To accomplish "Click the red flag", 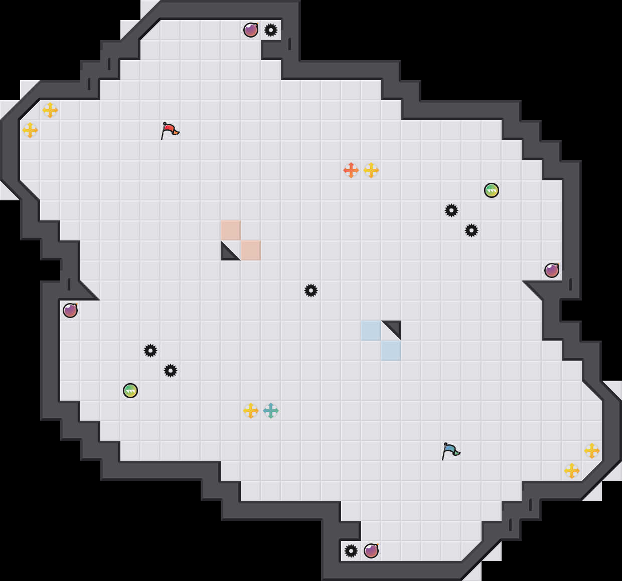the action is pyautogui.click(x=170, y=130).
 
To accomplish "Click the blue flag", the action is pyautogui.click(x=450, y=451).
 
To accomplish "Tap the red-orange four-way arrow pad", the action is pyautogui.click(x=351, y=170).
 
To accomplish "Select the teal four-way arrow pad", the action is pyautogui.click(x=271, y=411).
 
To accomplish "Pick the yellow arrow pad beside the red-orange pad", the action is pyautogui.click(x=371, y=170).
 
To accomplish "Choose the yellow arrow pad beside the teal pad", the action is pyautogui.click(x=251, y=411).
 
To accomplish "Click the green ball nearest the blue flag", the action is pyautogui.click(x=492, y=190).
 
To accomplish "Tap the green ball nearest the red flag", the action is pyautogui.click(x=130, y=391).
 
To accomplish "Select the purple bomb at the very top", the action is pyautogui.click(x=251, y=30).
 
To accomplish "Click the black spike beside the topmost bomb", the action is pyautogui.click(x=271, y=30).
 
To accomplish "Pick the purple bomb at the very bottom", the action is pyautogui.click(x=371, y=551).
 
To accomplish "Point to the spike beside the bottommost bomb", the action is pyautogui.click(x=351, y=551).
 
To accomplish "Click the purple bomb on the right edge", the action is pyautogui.click(x=552, y=270).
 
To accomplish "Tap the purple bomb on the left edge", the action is pyautogui.click(x=70, y=311).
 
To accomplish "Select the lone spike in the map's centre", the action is pyautogui.click(x=311, y=290).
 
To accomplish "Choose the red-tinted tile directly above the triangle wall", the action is pyautogui.click(x=231, y=230).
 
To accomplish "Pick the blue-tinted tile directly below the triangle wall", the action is pyautogui.click(x=391, y=351).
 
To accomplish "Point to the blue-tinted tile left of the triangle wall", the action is pyautogui.click(x=371, y=331).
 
